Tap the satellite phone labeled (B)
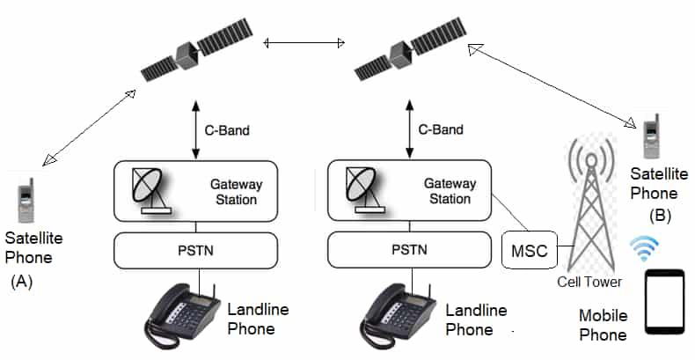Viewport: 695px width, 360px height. tap(652, 141)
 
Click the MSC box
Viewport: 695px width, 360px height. tap(529, 251)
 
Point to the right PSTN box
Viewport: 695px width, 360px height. tap(409, 251)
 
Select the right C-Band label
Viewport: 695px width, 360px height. tap(440, 130)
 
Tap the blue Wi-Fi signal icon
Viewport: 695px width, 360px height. tap(646, 250)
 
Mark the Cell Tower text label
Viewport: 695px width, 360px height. tap(589, 282)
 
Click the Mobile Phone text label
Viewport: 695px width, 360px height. tap(603, 325)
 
